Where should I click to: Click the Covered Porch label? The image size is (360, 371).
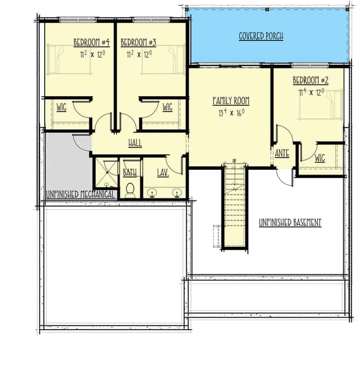(261, 36)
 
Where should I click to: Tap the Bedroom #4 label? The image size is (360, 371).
(92, 42)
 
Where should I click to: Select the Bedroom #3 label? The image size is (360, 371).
(139, 42)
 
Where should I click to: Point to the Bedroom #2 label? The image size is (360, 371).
(311, 80)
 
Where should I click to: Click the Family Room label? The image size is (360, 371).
(231, 100)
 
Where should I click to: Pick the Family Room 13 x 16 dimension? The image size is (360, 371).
(231, 112)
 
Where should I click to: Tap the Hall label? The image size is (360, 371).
(135, 143)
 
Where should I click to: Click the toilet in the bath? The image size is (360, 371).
(130, 190)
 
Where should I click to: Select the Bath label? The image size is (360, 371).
(130, 173)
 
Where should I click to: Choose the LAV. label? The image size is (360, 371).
(163, 173)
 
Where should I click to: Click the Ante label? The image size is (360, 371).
(282, 153)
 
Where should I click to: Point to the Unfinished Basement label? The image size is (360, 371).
(290, 223)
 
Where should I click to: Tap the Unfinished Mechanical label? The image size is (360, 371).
(80, 195)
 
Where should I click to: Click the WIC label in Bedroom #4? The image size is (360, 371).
(61, 108)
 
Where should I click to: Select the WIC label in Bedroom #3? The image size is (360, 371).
(168, 108)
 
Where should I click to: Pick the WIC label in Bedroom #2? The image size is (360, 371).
(320, 158)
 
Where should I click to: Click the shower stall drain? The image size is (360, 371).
(108, 173)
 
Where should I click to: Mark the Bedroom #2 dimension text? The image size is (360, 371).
(312, 92)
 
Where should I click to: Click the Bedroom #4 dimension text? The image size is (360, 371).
(93, 55)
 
